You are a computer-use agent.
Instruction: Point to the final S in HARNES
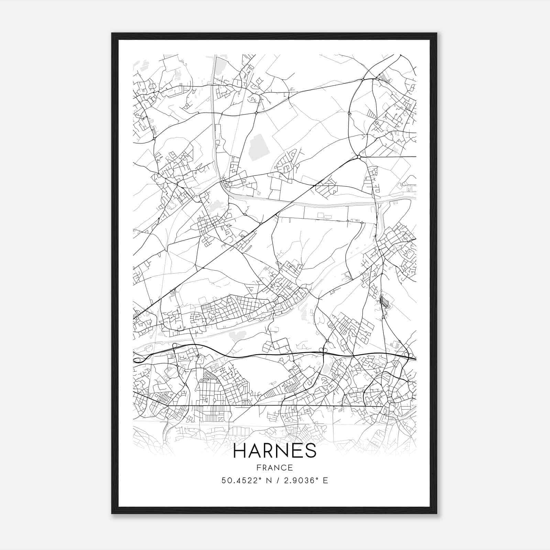(x=311, y=451)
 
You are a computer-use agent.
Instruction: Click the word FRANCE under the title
(x=274, y=467)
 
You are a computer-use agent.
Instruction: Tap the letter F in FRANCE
(x=258, y=467)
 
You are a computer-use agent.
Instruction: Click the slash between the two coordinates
(x=275, y=481)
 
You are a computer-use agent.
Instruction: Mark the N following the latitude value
(x=265, y=481)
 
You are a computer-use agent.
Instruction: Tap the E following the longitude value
(x=325, y=481)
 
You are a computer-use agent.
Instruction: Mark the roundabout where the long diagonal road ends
(x=359, y=157)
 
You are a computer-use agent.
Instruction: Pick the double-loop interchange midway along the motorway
(x=323, y=350)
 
